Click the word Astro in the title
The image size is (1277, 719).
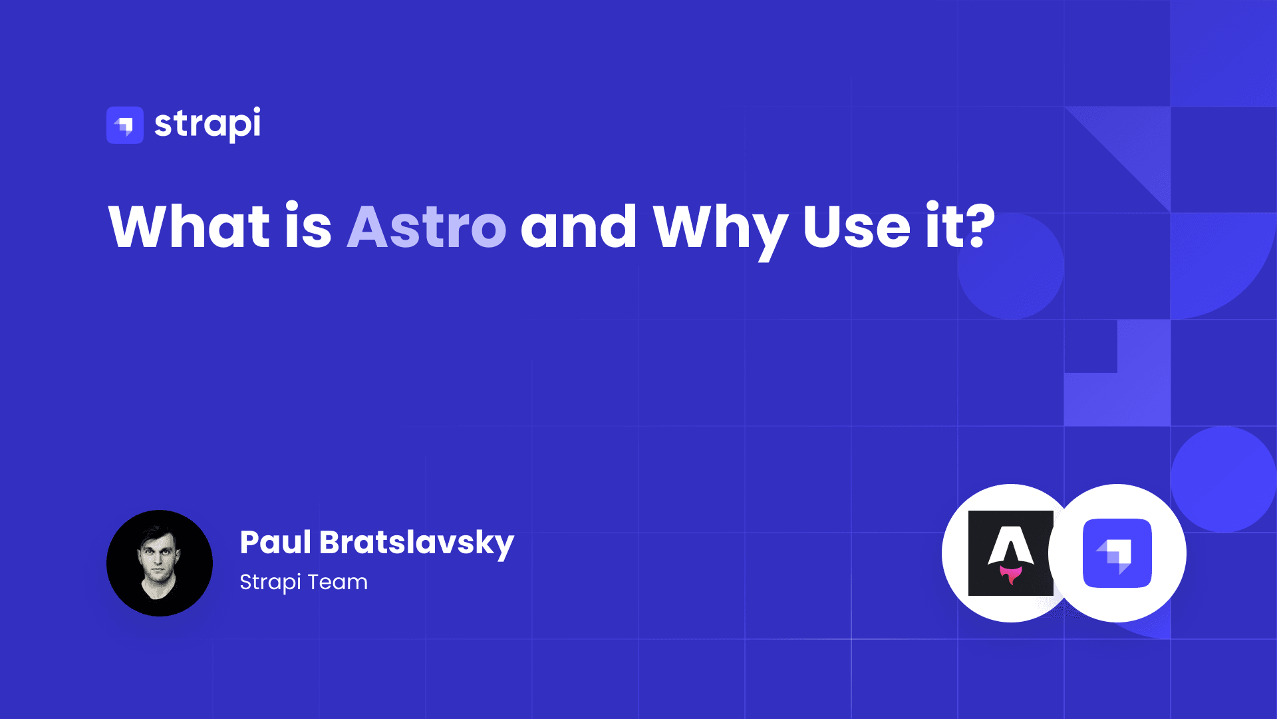click(x=426, y=227)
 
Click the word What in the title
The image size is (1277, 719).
click(x=189, y=227)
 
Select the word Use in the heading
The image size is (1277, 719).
click(x=857, y=227)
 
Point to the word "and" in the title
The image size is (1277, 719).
click(x=579, y=227)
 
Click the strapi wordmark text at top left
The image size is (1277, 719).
click(x=208, y=124)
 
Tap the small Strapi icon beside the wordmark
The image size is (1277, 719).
click(x=125, y=125)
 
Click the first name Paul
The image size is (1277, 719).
click(x=275, y=542)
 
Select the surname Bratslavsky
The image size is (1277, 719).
click(x=416, y=543)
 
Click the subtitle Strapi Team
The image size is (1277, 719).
click(x=303, y=582)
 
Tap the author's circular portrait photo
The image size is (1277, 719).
click(x=160, y=563)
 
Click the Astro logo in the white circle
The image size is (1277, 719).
click(x=1010, y=553)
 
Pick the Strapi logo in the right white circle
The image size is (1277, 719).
click(x=1117, y=553)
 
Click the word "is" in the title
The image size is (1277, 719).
click(x=308, y=227)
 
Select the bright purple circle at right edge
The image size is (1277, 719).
click(x=1223, y=479)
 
